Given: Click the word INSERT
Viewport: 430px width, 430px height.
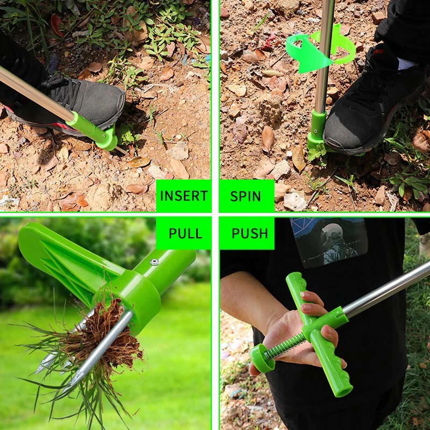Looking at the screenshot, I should coord(184,195).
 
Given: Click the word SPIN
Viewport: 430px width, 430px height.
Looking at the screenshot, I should coord(245,196).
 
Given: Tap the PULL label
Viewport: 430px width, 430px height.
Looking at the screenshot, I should coord(185,233).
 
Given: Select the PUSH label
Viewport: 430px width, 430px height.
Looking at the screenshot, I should coord(250,233).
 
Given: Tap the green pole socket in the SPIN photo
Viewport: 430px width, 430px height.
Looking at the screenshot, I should coord(320,126).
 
